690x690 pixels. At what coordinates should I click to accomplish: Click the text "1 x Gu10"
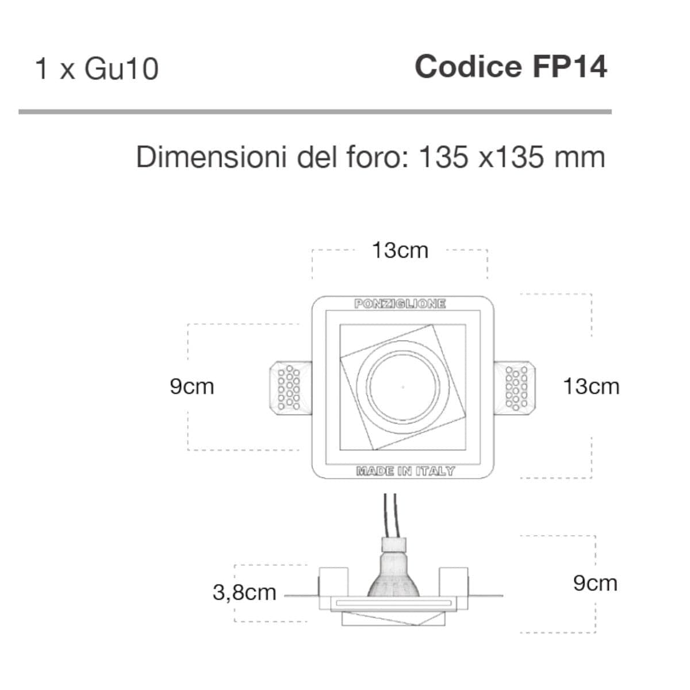pyautogui.click(x=97, y=69)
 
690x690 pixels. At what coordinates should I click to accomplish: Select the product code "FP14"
pyautogui.click(x=570, y=67)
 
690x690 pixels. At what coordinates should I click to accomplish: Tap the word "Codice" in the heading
pyautogui.click(x=468, y=67)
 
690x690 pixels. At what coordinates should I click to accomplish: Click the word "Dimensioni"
pyautogui.click(x=212, y=157)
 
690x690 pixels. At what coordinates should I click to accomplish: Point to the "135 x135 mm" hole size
pyautogui.click(x=512, y=157)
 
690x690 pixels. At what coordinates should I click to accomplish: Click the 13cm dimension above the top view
pyautogui.click(x=400, y=250)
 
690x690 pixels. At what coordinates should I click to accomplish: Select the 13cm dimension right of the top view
pyautogui.click(x=591, y=387)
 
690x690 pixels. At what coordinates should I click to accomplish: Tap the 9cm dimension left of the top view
pyautogui.click(x=192, y=387)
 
